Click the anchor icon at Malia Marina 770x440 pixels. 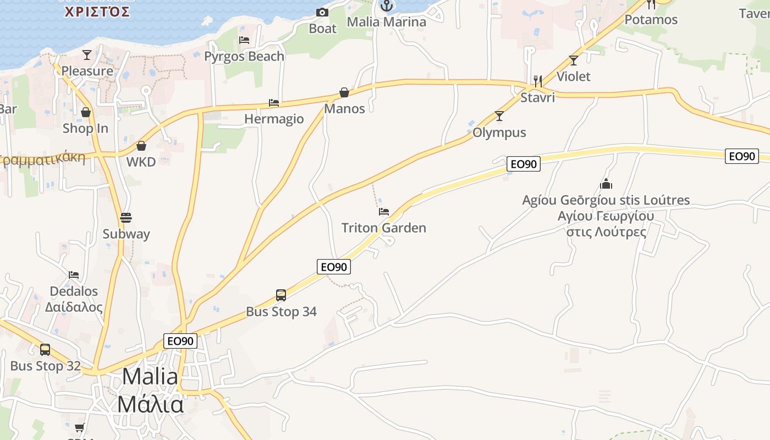pos(387,6)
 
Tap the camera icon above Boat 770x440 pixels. pos(322,12)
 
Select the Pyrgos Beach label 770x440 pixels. pos(244,56)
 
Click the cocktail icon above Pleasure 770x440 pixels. pos(87,54)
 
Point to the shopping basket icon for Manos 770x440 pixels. pos(344,92)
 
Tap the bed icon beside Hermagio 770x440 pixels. pos(274,103)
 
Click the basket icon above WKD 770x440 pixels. pos(141,146)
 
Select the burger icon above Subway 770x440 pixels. pos(126,218)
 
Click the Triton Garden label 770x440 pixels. pos(384,228)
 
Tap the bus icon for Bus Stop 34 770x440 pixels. pos(281,295)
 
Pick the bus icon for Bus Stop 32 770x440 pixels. pos(45,350)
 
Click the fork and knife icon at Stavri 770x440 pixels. pos(538,81)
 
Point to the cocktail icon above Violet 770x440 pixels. pos(574,61)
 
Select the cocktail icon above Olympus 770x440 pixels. pos(499,116)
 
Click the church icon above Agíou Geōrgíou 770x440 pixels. pos(606,184)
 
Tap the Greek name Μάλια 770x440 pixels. pos(150,404)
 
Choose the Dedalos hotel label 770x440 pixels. pos(74,291)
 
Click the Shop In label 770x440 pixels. pos(85,128)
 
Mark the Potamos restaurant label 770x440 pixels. pos(651,20)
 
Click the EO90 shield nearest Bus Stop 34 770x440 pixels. pos(334,267)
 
